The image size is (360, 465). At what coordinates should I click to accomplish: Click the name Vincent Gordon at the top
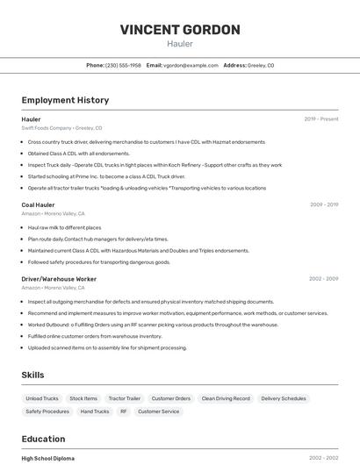[x=180, y=30]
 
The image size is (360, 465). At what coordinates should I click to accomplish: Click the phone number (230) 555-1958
[x=123, y=66]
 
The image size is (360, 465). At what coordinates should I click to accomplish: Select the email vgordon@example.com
[x=191, y=66]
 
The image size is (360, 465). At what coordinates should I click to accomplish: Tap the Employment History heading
[x=65, y=101]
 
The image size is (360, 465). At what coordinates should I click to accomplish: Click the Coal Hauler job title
[x=38, y=204]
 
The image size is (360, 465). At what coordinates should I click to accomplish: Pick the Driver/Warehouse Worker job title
[x=59, y=279]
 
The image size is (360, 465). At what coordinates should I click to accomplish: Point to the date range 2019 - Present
[x=320, y=119]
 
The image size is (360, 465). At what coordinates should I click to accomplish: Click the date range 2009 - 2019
[x=323, y=204]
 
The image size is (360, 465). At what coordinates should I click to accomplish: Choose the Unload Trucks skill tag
[x=42, y=398]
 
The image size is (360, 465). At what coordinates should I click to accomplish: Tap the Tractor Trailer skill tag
[x=124, y=398]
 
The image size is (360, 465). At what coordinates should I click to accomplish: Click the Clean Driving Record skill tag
[x=226, y=398]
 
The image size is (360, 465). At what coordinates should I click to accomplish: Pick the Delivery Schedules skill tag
[x=284, y=398]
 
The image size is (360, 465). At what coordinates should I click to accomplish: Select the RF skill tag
[x=124, y=411]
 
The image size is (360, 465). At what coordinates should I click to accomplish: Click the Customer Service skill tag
[x=158, y=411]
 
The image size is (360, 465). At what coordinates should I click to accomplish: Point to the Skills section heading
[x=32, y=375]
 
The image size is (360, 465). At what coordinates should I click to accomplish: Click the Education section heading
[x=43, y=439]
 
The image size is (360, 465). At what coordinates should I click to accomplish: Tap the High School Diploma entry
[x=47, y=458]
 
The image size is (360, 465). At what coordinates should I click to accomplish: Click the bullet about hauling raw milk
[x=64, y=227]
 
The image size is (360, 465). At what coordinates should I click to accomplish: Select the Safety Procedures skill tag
[x=47, y=411]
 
